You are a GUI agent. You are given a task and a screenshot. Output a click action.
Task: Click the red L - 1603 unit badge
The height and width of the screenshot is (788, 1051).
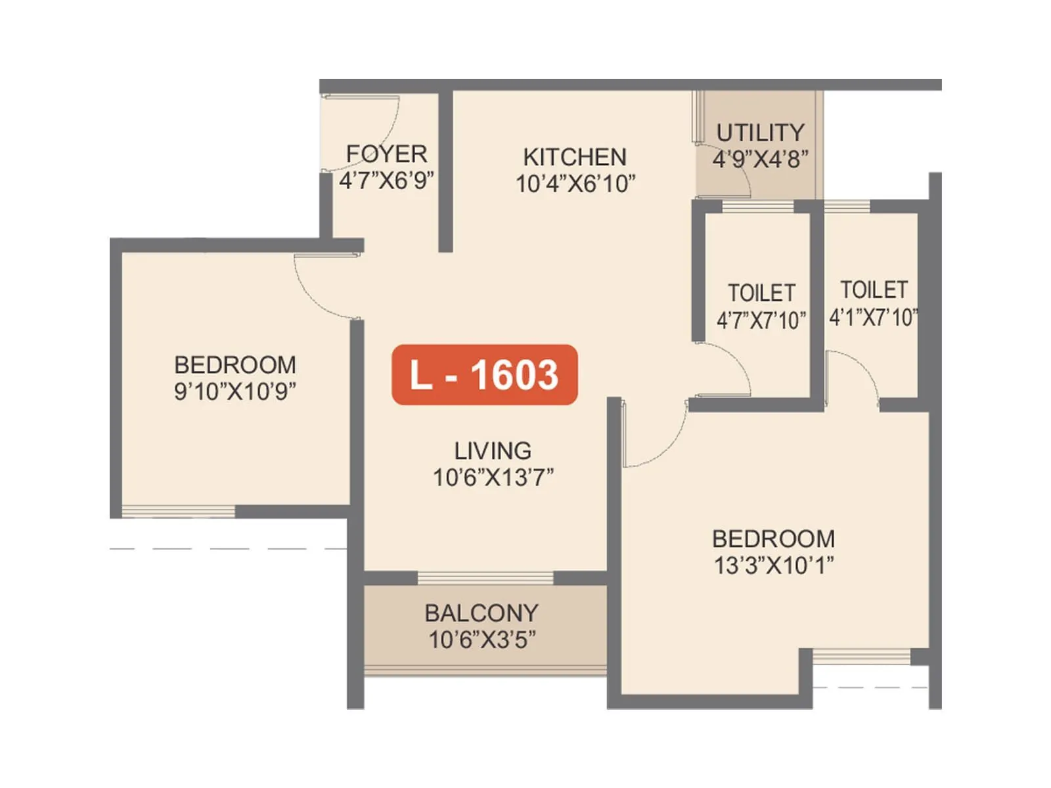[x=484, y=374]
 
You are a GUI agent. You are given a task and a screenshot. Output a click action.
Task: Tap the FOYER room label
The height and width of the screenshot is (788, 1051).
[x=386, y=154]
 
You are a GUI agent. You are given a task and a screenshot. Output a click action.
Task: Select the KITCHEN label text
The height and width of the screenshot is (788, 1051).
[x=575, y=157]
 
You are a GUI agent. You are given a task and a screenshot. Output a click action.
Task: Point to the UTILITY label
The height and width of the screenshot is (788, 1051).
[x=760, y=133]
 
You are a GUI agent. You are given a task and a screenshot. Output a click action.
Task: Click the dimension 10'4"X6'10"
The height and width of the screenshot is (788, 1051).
[x=575, y=184]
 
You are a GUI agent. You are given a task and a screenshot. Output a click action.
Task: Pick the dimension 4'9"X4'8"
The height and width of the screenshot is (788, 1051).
[x=760, y=159]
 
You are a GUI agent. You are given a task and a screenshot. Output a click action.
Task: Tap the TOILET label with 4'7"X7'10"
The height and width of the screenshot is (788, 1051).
[x=761, y=292]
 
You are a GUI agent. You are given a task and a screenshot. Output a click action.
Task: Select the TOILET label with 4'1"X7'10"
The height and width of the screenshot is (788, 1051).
[x=874, y=290]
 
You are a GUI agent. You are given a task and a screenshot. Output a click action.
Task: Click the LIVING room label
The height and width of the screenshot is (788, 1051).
[x=493, y=450]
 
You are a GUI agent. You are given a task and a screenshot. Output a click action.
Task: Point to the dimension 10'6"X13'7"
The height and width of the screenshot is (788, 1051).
[x=493, y=477]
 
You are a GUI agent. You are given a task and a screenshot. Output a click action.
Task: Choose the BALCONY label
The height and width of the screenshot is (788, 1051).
[x=481, y=613]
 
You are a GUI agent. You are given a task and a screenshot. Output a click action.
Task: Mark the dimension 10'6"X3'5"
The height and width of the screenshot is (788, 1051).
[x=481, y=640]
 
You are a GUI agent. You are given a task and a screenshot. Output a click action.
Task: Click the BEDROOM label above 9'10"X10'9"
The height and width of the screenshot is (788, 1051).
[x=235, y=364]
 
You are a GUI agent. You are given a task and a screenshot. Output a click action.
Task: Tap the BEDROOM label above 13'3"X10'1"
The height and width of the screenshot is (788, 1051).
[x=773, y=538]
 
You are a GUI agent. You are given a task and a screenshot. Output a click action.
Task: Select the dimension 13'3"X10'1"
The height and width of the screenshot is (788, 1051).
[x=773, y=565]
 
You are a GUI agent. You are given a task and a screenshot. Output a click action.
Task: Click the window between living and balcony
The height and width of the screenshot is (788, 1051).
[x=485, y=578]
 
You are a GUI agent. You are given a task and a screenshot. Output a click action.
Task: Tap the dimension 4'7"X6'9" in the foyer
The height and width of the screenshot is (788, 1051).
[x=386, y=180]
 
